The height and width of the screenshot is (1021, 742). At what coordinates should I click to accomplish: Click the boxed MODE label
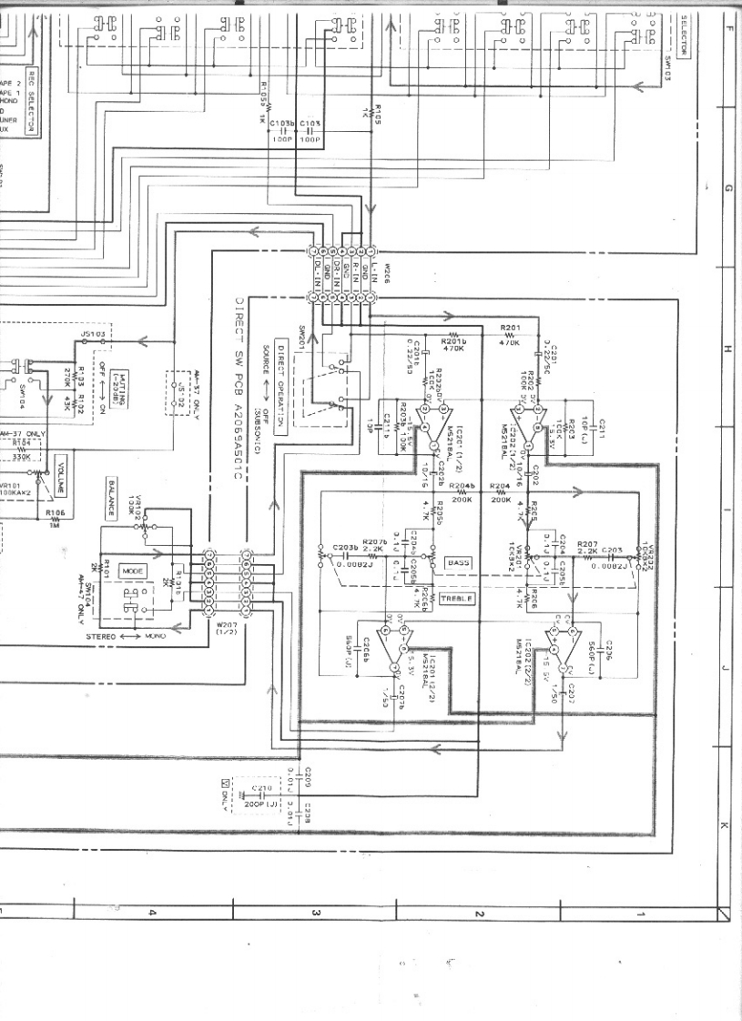[x=133, y=571]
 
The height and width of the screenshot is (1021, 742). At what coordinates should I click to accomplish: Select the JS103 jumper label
[x=93, y=335]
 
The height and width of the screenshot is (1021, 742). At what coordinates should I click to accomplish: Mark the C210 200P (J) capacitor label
[x=261, y=794]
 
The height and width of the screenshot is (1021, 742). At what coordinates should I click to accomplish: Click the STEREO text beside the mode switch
[x=101, y=638]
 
